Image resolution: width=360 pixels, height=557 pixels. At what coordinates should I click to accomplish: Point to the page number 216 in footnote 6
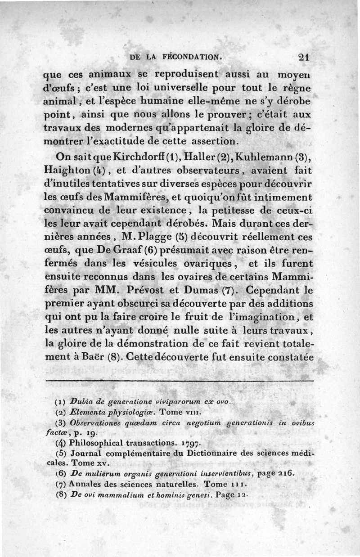pyautogui.click(x=286, y=474)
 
